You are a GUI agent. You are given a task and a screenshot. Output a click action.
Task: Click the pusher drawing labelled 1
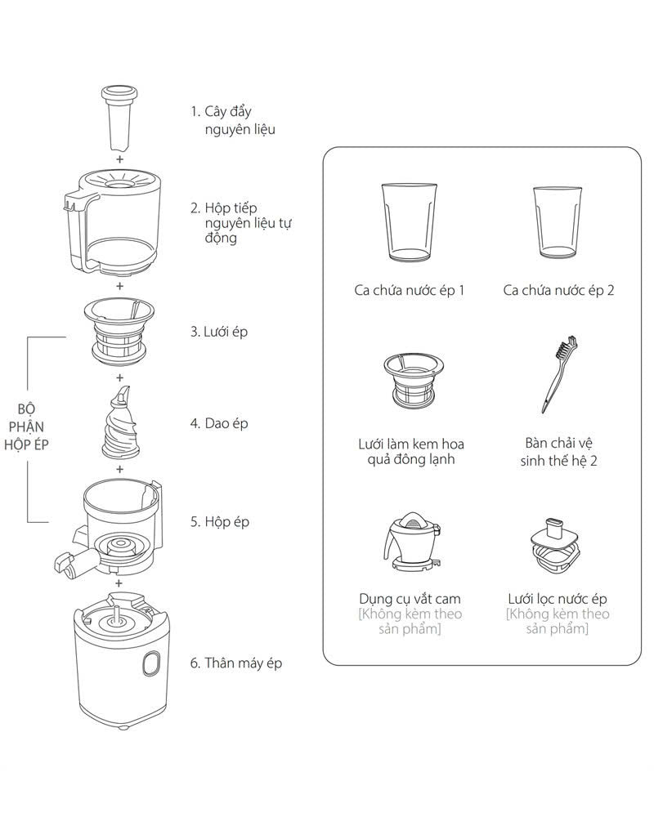119,118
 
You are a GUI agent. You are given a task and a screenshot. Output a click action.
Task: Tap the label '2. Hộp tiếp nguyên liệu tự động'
240,223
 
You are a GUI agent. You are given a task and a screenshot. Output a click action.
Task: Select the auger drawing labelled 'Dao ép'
120,423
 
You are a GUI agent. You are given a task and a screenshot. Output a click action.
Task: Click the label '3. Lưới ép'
218,332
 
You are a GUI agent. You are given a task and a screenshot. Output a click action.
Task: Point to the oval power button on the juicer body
151,663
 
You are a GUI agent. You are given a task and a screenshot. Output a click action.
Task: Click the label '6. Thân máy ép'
235,663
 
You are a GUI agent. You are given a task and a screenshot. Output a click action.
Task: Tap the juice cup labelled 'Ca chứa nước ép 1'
409,222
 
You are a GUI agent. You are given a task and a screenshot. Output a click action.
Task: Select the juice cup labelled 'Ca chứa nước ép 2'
557,222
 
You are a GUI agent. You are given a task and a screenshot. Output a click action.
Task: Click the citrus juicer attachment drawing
412,541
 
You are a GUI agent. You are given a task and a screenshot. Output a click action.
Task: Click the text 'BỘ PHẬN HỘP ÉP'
26,426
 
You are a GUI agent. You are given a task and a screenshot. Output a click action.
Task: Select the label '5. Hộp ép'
220,521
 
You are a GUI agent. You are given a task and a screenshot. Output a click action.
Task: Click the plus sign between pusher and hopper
120,159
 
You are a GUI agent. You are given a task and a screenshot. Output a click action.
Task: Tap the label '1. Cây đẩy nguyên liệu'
233,120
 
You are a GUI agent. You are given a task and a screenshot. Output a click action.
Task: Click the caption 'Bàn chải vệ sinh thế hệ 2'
558,452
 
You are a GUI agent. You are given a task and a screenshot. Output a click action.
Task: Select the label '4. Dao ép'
219,423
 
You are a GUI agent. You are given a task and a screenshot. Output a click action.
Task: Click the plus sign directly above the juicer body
119,583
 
